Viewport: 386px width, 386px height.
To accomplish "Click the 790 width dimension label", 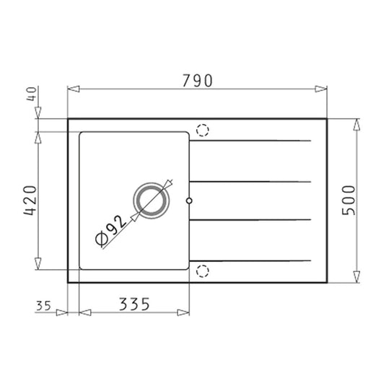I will click(x=196, y=82).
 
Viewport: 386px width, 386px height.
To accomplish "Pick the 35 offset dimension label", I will click(x=42, y=306).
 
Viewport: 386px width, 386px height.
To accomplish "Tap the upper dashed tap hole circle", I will click(x=203, y=131).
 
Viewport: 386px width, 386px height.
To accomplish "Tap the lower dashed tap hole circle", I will click(x=203, y=271).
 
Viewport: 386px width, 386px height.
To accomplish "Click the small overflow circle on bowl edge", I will click(x=189, y=201).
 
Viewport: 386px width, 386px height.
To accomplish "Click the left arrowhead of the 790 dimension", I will click(x=71, y=90).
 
